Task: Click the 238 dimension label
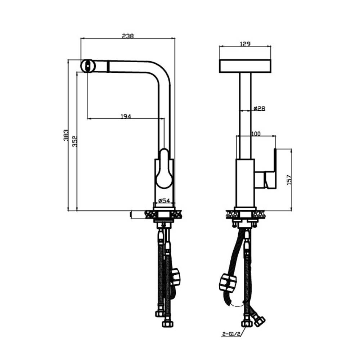128,36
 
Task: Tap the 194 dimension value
125,116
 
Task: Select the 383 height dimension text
66,135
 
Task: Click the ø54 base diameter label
164,200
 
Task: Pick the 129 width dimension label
245,44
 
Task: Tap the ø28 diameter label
259,108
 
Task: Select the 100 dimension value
256,134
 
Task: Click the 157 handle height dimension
289,180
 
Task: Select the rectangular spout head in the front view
245,66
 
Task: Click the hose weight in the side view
176,276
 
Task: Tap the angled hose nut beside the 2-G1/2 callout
258,320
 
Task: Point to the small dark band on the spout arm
107,67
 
